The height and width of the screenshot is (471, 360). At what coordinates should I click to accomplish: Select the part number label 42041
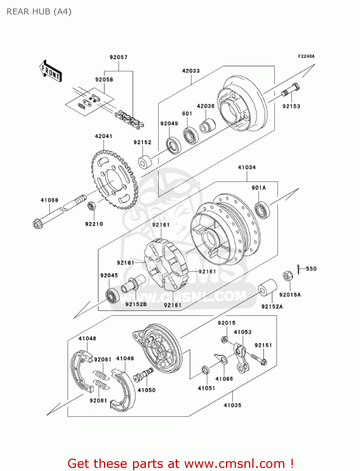(103, 136)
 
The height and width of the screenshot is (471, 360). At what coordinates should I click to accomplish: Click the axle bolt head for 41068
(37, 224)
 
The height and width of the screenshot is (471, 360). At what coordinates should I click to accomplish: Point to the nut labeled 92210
(91, 206)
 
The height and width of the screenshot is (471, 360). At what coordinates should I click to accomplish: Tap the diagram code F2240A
(306, 57)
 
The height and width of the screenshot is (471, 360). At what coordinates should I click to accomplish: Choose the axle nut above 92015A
(288, 276)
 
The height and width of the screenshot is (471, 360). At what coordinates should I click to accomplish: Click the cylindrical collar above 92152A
(267, 287)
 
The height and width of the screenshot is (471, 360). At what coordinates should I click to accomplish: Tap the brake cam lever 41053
(241, 358)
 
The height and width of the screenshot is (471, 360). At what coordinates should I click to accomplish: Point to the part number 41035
(232, 405)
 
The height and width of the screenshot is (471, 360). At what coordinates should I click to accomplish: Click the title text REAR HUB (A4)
(39, 12)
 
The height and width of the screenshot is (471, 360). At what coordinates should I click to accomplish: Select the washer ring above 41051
(205, 370)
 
